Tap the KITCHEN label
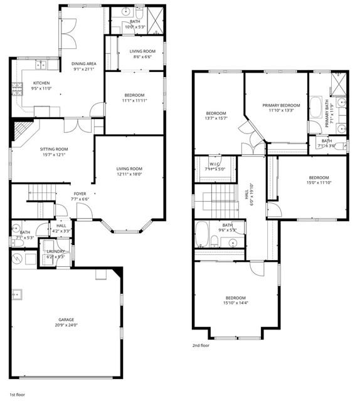click(x=41, y=83)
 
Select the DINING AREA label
click(x=83, y=63)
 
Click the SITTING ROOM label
click(x=54, y=149)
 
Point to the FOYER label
click(x=80, y=193)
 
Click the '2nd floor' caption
click(x=201, y=345)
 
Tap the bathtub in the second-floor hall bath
click(x=203, y=234)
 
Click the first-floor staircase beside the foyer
click(x=42, y=193)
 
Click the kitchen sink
click(x=41, y=65)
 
